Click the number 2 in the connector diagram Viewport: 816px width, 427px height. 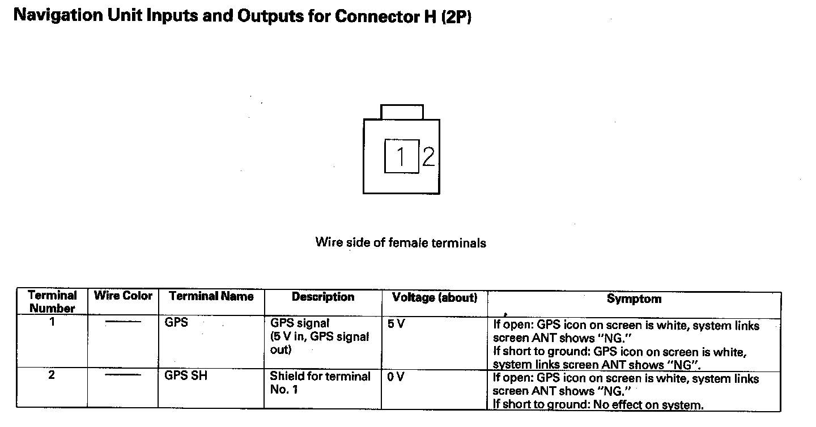428,156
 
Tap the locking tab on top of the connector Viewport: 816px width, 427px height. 402,112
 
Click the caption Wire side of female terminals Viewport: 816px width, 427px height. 401,243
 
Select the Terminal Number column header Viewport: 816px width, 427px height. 52,302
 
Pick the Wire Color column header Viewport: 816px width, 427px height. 123,296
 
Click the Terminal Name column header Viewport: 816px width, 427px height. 211,296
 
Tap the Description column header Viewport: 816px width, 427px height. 323,297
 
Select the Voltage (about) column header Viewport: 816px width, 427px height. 435,297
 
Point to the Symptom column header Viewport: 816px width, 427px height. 634,299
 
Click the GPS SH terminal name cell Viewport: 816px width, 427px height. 186,375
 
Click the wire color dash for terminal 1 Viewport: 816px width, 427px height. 123,322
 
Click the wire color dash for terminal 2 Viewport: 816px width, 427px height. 123,375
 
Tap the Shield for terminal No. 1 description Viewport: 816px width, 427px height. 320,383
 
